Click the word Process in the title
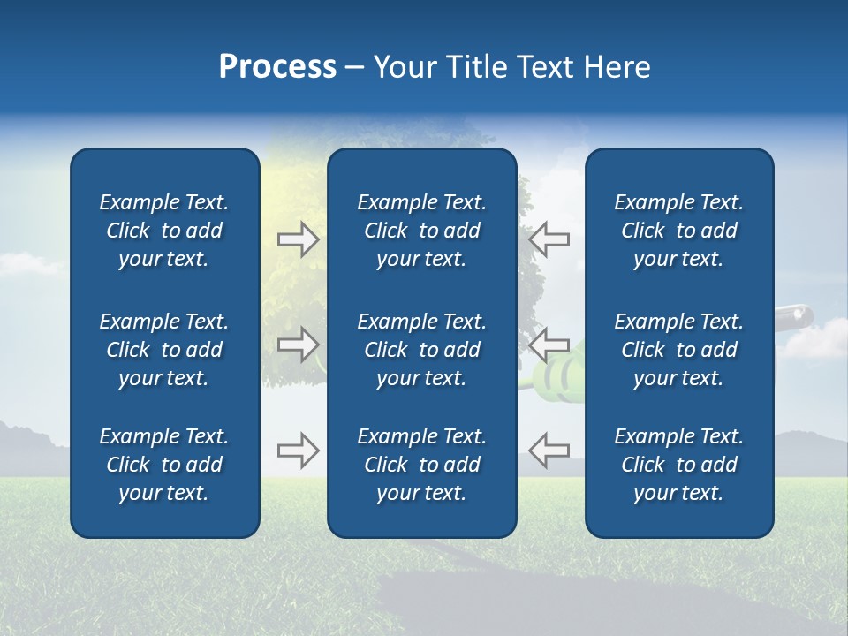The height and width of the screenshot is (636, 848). [x=277, y=67]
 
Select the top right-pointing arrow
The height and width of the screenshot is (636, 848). [x=298, y=239]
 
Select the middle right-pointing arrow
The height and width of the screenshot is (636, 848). [x=298, y=344]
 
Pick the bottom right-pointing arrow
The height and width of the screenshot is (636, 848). [x=298, y=450]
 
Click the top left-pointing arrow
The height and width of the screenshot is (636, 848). [x=549, y=239]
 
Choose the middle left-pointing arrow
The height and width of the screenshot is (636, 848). [x=549, y=344]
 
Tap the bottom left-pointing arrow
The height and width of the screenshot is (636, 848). [x=549, y=450]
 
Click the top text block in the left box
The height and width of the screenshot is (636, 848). [x=164, y=231]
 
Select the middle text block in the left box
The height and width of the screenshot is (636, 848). [x=164, y=350]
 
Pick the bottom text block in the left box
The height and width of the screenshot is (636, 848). [x=164, y=465]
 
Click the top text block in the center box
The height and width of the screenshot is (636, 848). [x=422, y=231]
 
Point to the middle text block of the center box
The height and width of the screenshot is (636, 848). [x=422, y=350]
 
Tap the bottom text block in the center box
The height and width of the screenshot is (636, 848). [x=422, y=465]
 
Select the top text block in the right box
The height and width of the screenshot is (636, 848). [x=679, y=231]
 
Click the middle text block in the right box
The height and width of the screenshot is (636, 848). [x=679, y=350]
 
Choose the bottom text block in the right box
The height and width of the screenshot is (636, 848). [x=679, y=465]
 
